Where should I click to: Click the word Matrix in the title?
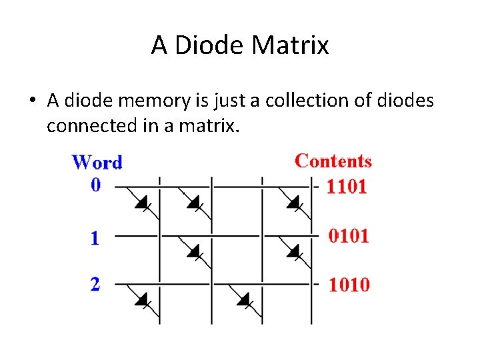pyautogui.click(x=291, y=45)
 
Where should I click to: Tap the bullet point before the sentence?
pyautogui.click(x=31, y=101)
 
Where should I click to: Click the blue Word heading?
pyautogui.click(x=97, y=162)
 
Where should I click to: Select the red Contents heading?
pyautogui.click(x=333, y=161)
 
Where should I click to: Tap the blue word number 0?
pyautogui.click(x=96, y=184)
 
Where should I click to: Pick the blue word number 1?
pyautogui.click(x=95, y=237)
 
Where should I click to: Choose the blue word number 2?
pyautogui.click(x=95, y=284)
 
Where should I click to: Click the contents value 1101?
pyautogui.click(x=347, y=186)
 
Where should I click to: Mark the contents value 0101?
pyautogui.click(x=348, y=236)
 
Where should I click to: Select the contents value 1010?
pyautogui.click(x=349, y=285)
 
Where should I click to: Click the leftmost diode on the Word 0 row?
pyautogui.click(x=143, y=201)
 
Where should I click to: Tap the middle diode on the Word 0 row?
pyautogui.click(x=195, y=201)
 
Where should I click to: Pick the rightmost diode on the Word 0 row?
pyautogui.click(x=294, y=201)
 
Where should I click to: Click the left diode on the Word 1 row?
pyautogui.click(x=194, y=251)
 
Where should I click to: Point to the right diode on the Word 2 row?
pyautogui.click(x=244, y=299)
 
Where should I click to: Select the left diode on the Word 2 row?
pyautogui.click(x=142, y=299)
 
